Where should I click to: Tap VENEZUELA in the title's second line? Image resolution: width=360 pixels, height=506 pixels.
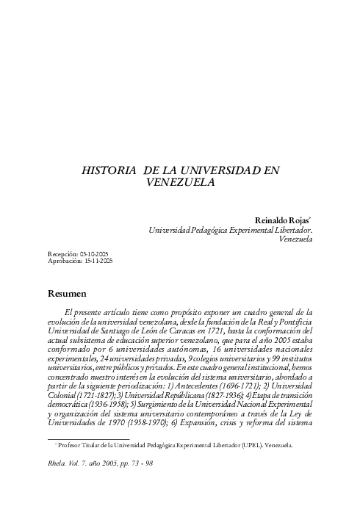180,182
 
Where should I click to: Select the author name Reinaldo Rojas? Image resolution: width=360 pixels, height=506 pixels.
282,219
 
